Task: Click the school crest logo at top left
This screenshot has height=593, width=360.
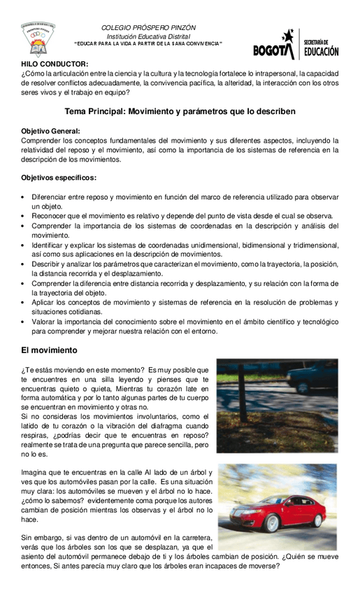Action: [x=38, y=41]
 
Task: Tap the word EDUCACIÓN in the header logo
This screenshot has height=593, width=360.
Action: [x=321, y=51]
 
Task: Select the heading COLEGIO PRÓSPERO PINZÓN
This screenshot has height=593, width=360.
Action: [x=148, y=28]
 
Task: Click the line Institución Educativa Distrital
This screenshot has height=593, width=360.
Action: [x=148, y=36]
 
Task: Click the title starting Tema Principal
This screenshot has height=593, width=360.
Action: [x=180, y=111]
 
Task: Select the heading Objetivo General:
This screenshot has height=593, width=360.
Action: [x=50, y=131]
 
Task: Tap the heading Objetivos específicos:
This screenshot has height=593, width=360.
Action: [x=59, y=177]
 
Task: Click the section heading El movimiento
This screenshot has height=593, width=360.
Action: [x=49, y=350]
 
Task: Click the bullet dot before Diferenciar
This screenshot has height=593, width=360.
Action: [x=24, y=198]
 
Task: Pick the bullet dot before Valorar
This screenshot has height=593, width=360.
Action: [x=24, y=322]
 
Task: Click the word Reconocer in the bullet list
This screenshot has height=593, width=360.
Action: [x=50, y=216]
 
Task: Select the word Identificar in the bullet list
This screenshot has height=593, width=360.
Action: [x=52, y=245]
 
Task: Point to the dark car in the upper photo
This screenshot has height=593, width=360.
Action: [x=312, y=378]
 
